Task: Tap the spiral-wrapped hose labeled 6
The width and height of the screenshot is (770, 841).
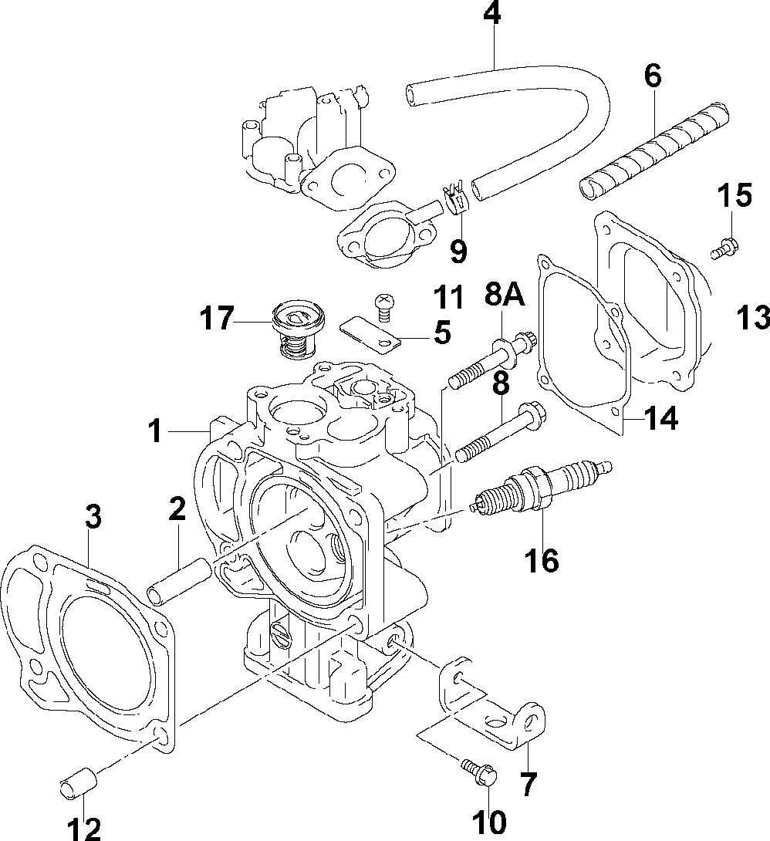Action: coord(654,151)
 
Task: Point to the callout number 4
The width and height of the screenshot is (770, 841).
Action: coord(491,14)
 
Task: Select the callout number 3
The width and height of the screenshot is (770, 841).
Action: coord(93,517)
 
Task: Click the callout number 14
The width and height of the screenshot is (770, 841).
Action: coord(660,418)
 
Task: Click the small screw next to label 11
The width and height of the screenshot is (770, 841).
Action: coord(383,304)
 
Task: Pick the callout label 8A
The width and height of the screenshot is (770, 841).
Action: coord(505,294)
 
